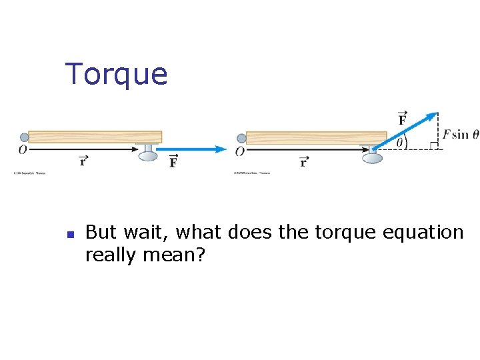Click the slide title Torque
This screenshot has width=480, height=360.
click(x=116, y=74)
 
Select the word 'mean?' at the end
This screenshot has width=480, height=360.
click(x=177, y=255)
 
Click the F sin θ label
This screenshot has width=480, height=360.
click(x=460, y=134)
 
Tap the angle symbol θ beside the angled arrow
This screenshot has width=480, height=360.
click(x=401, y=141)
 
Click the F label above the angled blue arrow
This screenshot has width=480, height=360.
click(x=403, y=119)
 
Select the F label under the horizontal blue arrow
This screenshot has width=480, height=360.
click(x=173, y=161)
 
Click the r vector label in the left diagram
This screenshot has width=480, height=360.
click(x=83, y=160)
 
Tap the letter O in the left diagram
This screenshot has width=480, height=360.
click(x=23, y=150)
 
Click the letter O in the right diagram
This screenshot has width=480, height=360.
click(x=239, y=151)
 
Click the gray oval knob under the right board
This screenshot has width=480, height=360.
click(x=372, y=158)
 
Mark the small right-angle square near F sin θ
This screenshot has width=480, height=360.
click(x=433, y=145)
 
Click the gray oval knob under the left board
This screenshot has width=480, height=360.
click(x=148, y=155)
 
